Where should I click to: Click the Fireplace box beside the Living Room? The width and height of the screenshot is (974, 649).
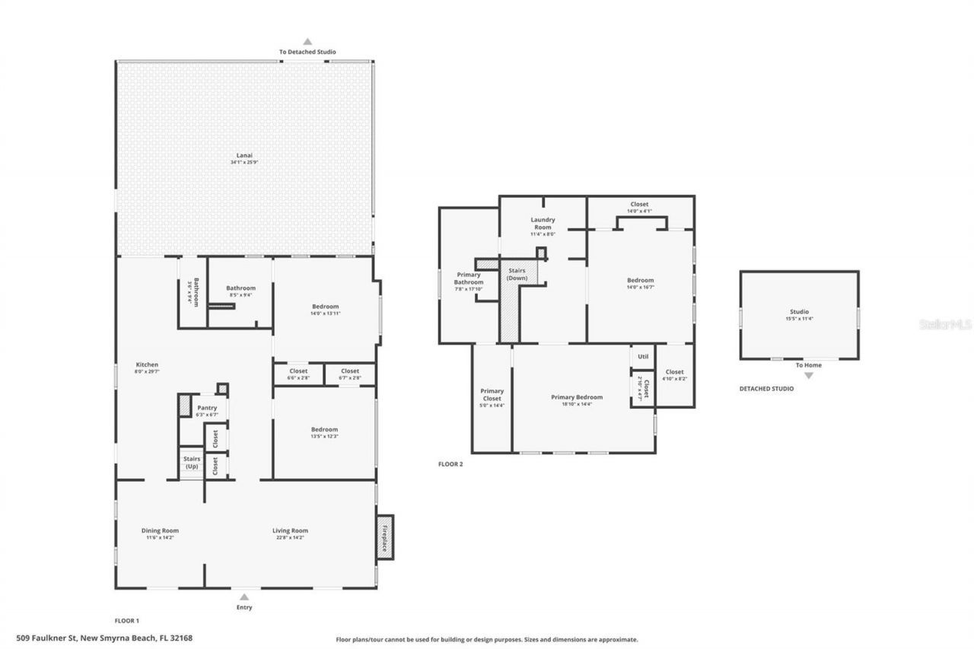point(386,537)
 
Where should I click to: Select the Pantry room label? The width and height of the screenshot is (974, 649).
point(207,408)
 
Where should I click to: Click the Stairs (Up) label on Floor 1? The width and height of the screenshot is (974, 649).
point(192,462)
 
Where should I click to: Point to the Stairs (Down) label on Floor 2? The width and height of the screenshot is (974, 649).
point(517,274)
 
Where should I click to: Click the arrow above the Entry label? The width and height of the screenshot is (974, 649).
point(244,597)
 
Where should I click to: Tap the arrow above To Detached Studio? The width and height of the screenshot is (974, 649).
point(307,42)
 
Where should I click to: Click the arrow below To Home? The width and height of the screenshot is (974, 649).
point(808,375)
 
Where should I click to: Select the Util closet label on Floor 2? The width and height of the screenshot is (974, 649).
point(643,356)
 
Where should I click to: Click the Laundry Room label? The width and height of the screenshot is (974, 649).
point(543,223)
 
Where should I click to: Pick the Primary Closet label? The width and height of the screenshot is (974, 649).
point(492,394)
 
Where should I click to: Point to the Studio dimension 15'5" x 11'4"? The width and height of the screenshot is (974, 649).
point(799,319)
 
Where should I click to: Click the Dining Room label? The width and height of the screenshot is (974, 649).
point(160,530)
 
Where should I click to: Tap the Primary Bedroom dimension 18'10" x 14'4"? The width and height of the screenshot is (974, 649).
point(577,405)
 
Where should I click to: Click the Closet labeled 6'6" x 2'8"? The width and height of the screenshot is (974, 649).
point(298,377)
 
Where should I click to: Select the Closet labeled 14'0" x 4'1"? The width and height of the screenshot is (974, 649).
point(639,211)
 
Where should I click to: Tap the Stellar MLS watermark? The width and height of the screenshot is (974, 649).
point(945,324)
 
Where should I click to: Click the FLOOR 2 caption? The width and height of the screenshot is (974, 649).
point(450,463)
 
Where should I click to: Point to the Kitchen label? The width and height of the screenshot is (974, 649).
point(147,364)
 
